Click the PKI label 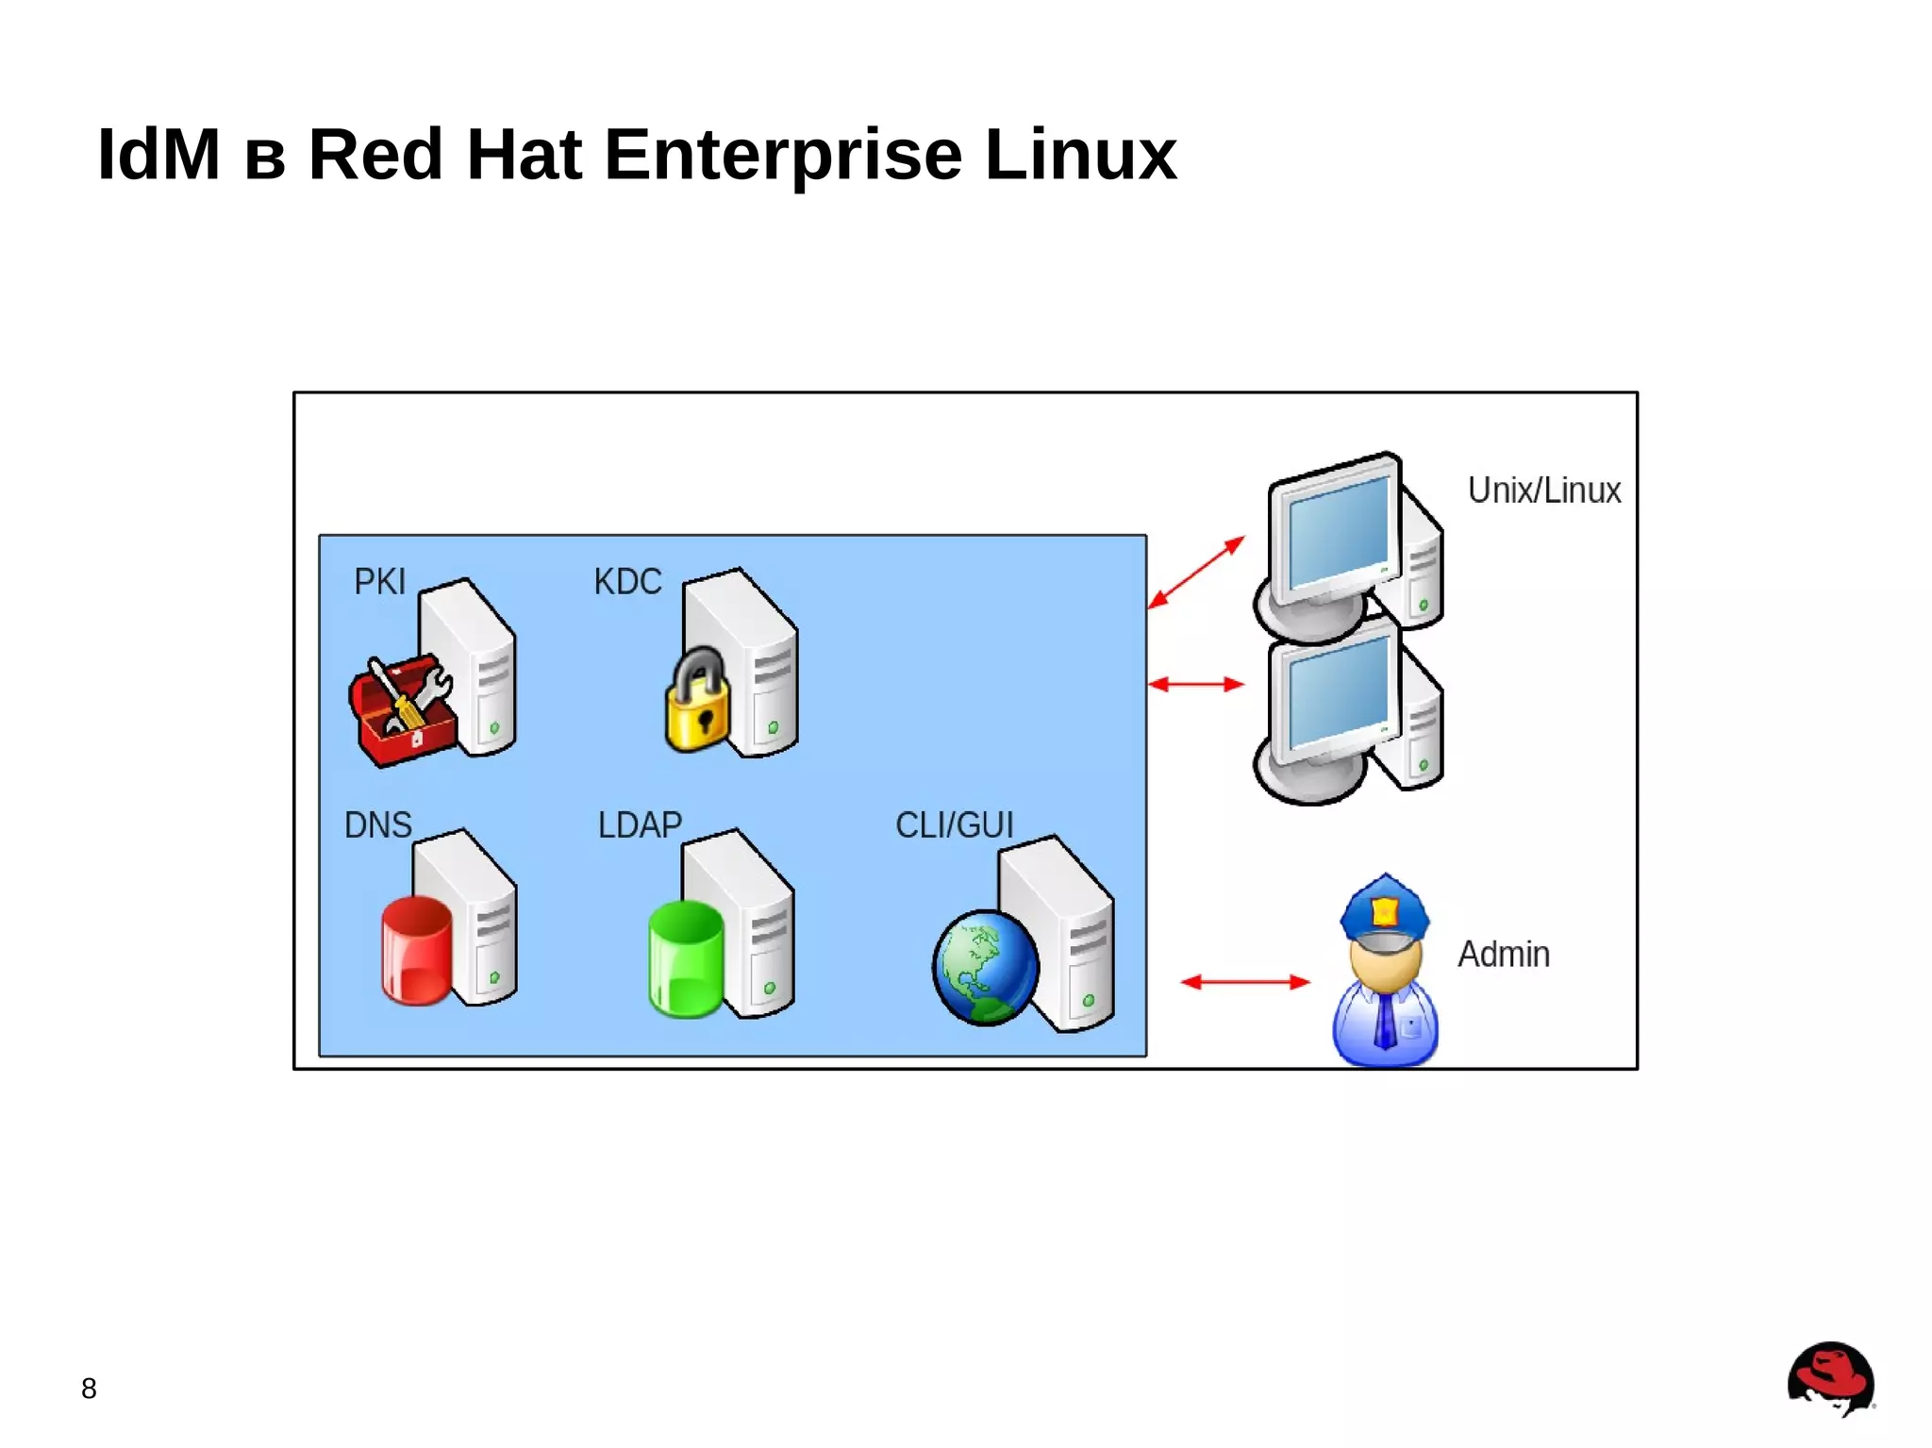pos(379,582)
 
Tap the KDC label pos(627,582)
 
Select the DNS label pos(377,825)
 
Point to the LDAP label pos(640,825)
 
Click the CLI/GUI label pos(954,825)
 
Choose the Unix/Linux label pos(1543,491)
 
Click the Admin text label pos(1503,955)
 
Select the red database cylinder pos(416,951)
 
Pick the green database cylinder pos(686,958)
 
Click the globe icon pos(985,968)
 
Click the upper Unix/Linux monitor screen pos(1338,533)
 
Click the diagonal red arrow pos(1196,573)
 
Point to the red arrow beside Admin pos(1244,982)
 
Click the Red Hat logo pos(1830,1377)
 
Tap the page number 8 pos(89,1389)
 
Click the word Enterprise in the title pos(782,155)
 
